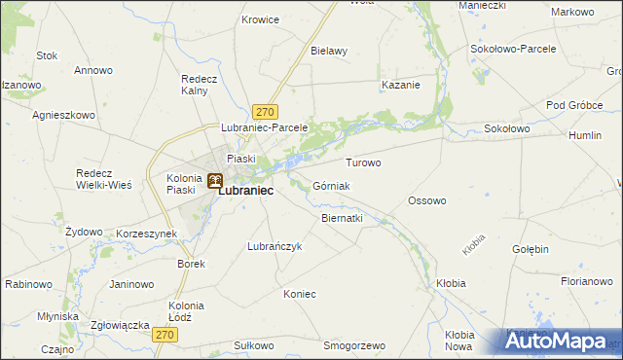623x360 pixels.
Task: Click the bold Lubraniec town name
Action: pyautogui.click(x=244, y=192)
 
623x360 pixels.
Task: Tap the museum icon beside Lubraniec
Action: pyautogui.click(x=214, y=180)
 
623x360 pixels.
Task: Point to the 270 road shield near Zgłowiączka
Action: pyautogui.click(x=166, y=335)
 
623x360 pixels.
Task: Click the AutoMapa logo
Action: pyautogui.click(x=561, y=342)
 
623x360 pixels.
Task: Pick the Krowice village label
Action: pyautogui.click(x=260, y=19)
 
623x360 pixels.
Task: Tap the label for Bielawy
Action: pyautogui.click(x=329, y=51)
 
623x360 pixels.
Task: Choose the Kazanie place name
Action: pyautogui.click(x=400, y=85)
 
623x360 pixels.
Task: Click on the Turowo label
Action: pyautogui.click(x=363, y=162)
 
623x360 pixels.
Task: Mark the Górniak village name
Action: pyautogui.click(x=332, y=186)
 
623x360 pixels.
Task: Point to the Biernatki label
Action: pyautogui.click(x=342, y=219)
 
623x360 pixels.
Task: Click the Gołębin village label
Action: pyautogui.click(x=531, y=249)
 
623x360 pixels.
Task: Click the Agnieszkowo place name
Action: pyautogui.click(x=63, y=115)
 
